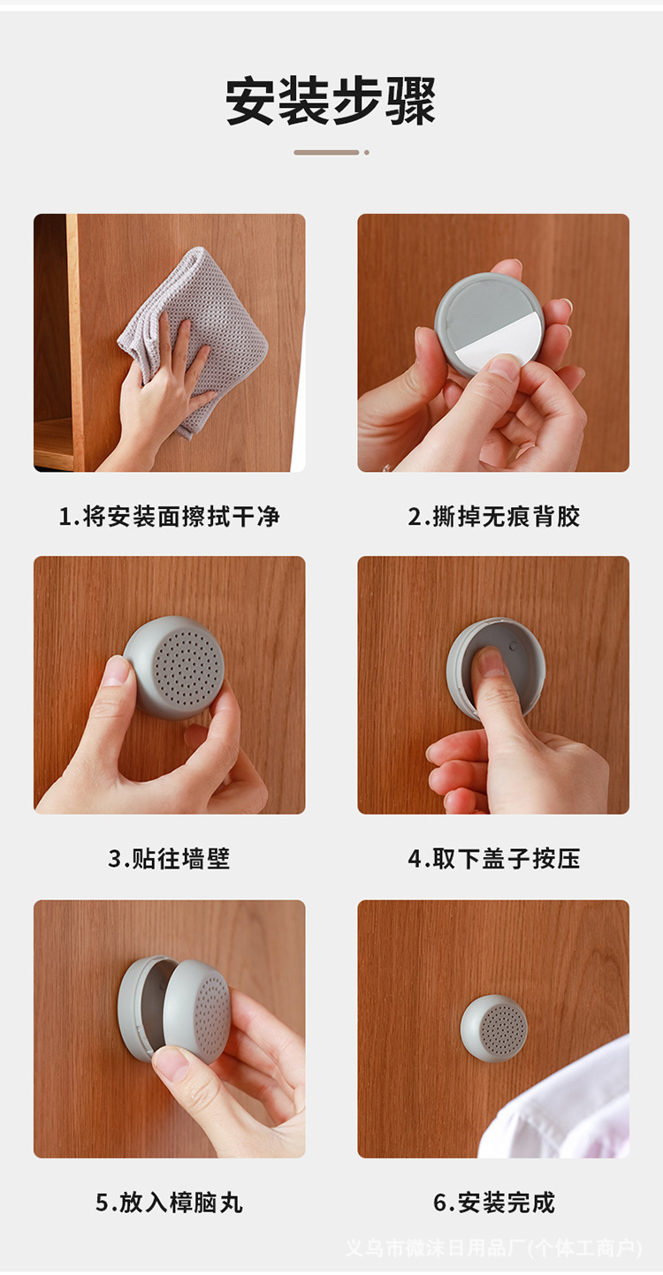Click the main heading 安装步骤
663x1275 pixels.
[331, 101]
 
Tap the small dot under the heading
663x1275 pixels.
[367, 153]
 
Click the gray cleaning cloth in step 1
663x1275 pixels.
[194, 336]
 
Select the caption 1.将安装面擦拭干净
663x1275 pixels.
[170, 516]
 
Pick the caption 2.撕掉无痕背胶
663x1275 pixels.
[494, 516]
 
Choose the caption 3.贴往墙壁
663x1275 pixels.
[169, 858]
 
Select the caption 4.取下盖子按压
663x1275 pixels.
[494, 858]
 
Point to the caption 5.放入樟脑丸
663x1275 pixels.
[169, 1203]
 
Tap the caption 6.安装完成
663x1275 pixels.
[494, 1203]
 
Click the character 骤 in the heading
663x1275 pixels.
[411, 101]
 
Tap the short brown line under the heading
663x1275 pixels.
[326, 153]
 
